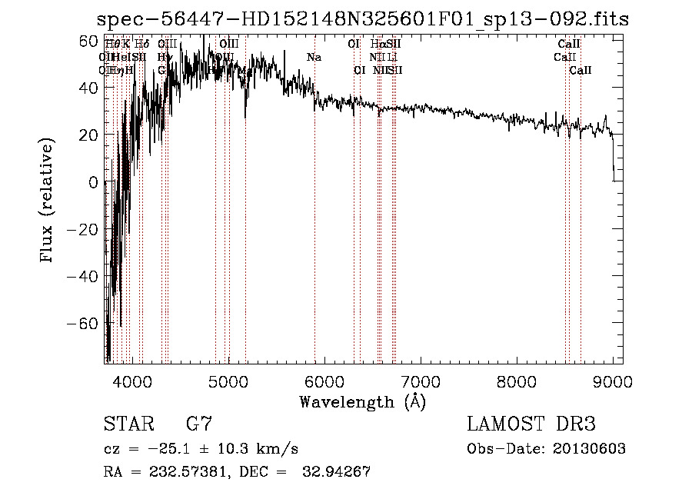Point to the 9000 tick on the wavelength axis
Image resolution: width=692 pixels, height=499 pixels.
click(x=612, y=381)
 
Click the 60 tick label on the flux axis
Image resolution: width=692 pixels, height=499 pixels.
click(x=88, y=40)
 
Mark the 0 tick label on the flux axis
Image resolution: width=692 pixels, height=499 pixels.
click(x=93, y=182)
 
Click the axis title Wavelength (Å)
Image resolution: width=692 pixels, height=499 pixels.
click(x=362, y=401)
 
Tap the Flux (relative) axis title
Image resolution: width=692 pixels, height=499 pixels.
click(x=48, y=201)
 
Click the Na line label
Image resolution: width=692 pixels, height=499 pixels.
click(x=314, y=58)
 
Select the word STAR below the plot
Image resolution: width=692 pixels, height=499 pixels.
click(x=128, y=424)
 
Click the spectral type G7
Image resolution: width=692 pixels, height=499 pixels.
click(x=199, y=424)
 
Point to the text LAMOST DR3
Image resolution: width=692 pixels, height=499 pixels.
click(x=531, y=424)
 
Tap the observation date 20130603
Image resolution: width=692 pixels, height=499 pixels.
click(x=588, y=449)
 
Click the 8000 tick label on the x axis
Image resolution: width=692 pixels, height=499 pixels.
click(x=516, y=381)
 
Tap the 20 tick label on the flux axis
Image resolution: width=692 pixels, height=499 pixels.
click(x=88, y=135)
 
